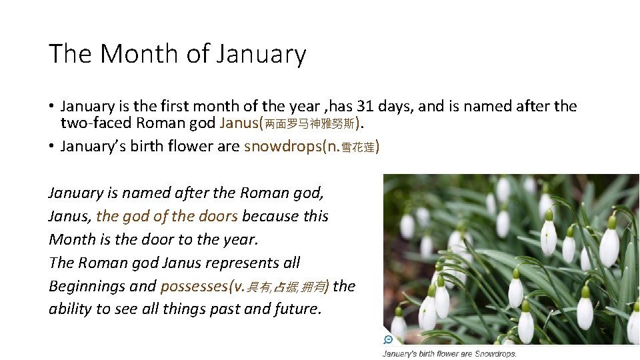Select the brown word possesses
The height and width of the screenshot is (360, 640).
193,286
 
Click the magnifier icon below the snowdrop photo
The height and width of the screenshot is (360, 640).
388,339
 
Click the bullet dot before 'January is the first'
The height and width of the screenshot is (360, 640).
51,107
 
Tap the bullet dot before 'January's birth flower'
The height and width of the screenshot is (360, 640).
51,147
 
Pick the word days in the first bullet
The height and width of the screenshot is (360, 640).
399,106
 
